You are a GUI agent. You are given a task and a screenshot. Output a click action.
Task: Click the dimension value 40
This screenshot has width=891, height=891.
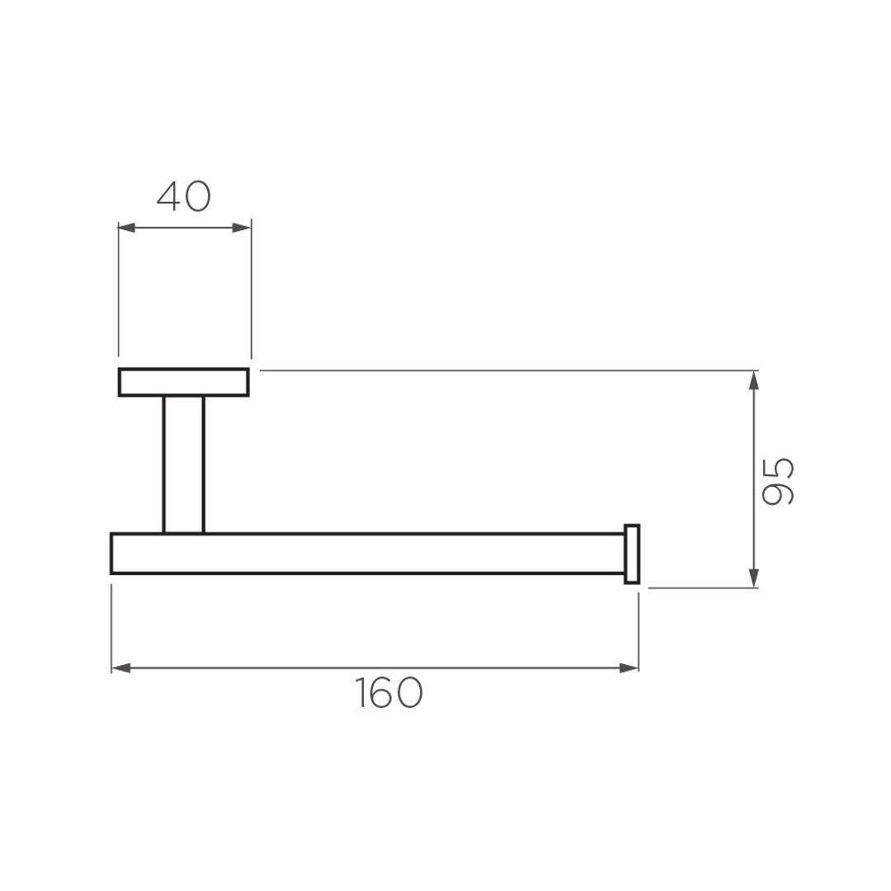click(184, 196)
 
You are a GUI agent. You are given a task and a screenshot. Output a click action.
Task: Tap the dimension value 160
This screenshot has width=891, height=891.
click(389, 693)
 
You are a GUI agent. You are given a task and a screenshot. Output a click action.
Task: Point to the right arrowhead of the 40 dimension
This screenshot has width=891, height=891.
click(242, 228)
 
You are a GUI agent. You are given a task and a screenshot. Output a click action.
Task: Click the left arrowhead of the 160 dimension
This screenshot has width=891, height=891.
click(120, 667)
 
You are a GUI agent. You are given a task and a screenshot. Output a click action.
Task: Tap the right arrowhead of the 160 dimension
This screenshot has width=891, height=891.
click(629, 667)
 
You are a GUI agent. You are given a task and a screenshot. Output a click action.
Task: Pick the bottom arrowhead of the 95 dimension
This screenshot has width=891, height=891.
click(752, 578)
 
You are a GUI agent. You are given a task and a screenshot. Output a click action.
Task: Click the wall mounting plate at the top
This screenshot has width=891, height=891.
click(184, 382)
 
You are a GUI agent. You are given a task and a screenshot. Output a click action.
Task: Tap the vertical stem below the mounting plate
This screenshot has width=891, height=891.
click(183, 464)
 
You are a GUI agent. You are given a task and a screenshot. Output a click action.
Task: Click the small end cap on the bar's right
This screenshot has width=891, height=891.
click(632, 553)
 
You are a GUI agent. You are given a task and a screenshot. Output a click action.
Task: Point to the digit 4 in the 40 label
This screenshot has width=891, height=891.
click(170, 196)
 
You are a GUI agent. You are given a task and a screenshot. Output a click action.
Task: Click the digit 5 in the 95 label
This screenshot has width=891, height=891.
click(778, 468)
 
